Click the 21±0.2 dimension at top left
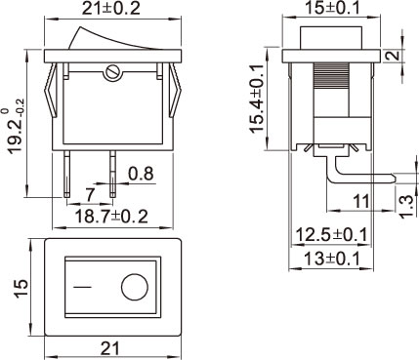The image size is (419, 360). pos(111,8)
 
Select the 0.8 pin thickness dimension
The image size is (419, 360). pos(141,174)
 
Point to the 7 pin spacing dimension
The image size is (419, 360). pos(90,194)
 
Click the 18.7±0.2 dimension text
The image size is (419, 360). pos(111,217)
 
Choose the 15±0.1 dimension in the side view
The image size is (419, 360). pos(332,8)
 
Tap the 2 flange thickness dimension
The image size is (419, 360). pos(395,56)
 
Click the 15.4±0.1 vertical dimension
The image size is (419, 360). pos(258,99)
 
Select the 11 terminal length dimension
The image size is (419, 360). pos(361,202)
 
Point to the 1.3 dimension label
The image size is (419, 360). pos(409,207)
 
